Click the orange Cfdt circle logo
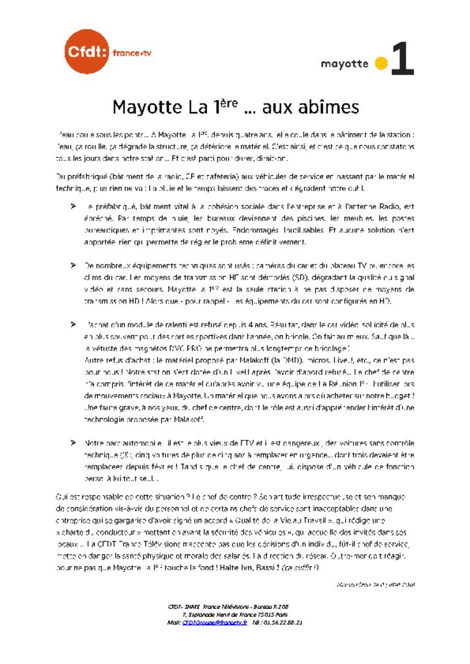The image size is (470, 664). click(88, 51)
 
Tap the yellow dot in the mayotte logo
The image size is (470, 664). click(382, 64)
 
